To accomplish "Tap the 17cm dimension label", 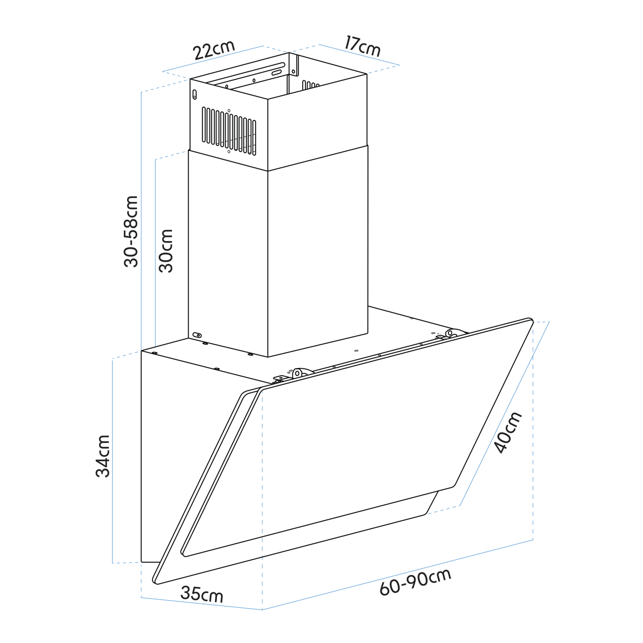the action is coord(362,47).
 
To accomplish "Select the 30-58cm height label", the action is coord(131,231).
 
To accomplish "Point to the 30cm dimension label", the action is coord(166,251).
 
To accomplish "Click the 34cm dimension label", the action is coord(103,456).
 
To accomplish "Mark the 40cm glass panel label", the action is coord(507,433).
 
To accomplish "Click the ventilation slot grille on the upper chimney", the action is coord(229,131).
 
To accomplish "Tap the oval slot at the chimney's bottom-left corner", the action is coord(197,335).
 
